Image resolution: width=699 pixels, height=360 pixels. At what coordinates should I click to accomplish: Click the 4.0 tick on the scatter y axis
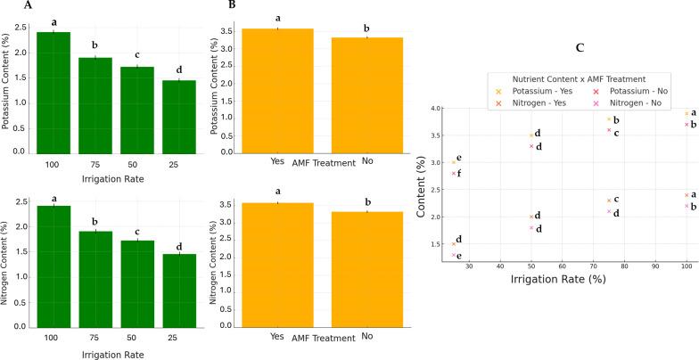click(436, 108)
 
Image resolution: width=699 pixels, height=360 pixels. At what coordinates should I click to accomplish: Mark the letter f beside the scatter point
click(459, 173)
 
